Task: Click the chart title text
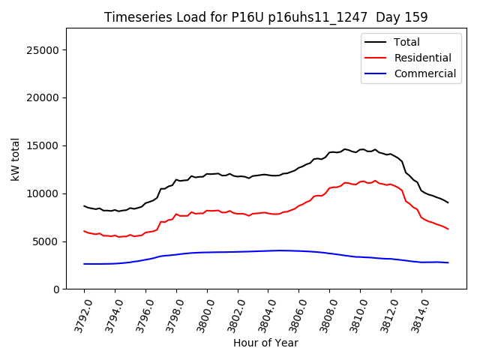[265, 17]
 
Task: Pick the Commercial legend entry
[424, 73]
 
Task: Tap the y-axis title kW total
[15, 159]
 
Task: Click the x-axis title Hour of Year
[265, 343]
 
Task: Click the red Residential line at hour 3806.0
[298, 206]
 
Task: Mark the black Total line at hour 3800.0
[207, 174]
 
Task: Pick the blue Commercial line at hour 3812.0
[391, 259]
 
